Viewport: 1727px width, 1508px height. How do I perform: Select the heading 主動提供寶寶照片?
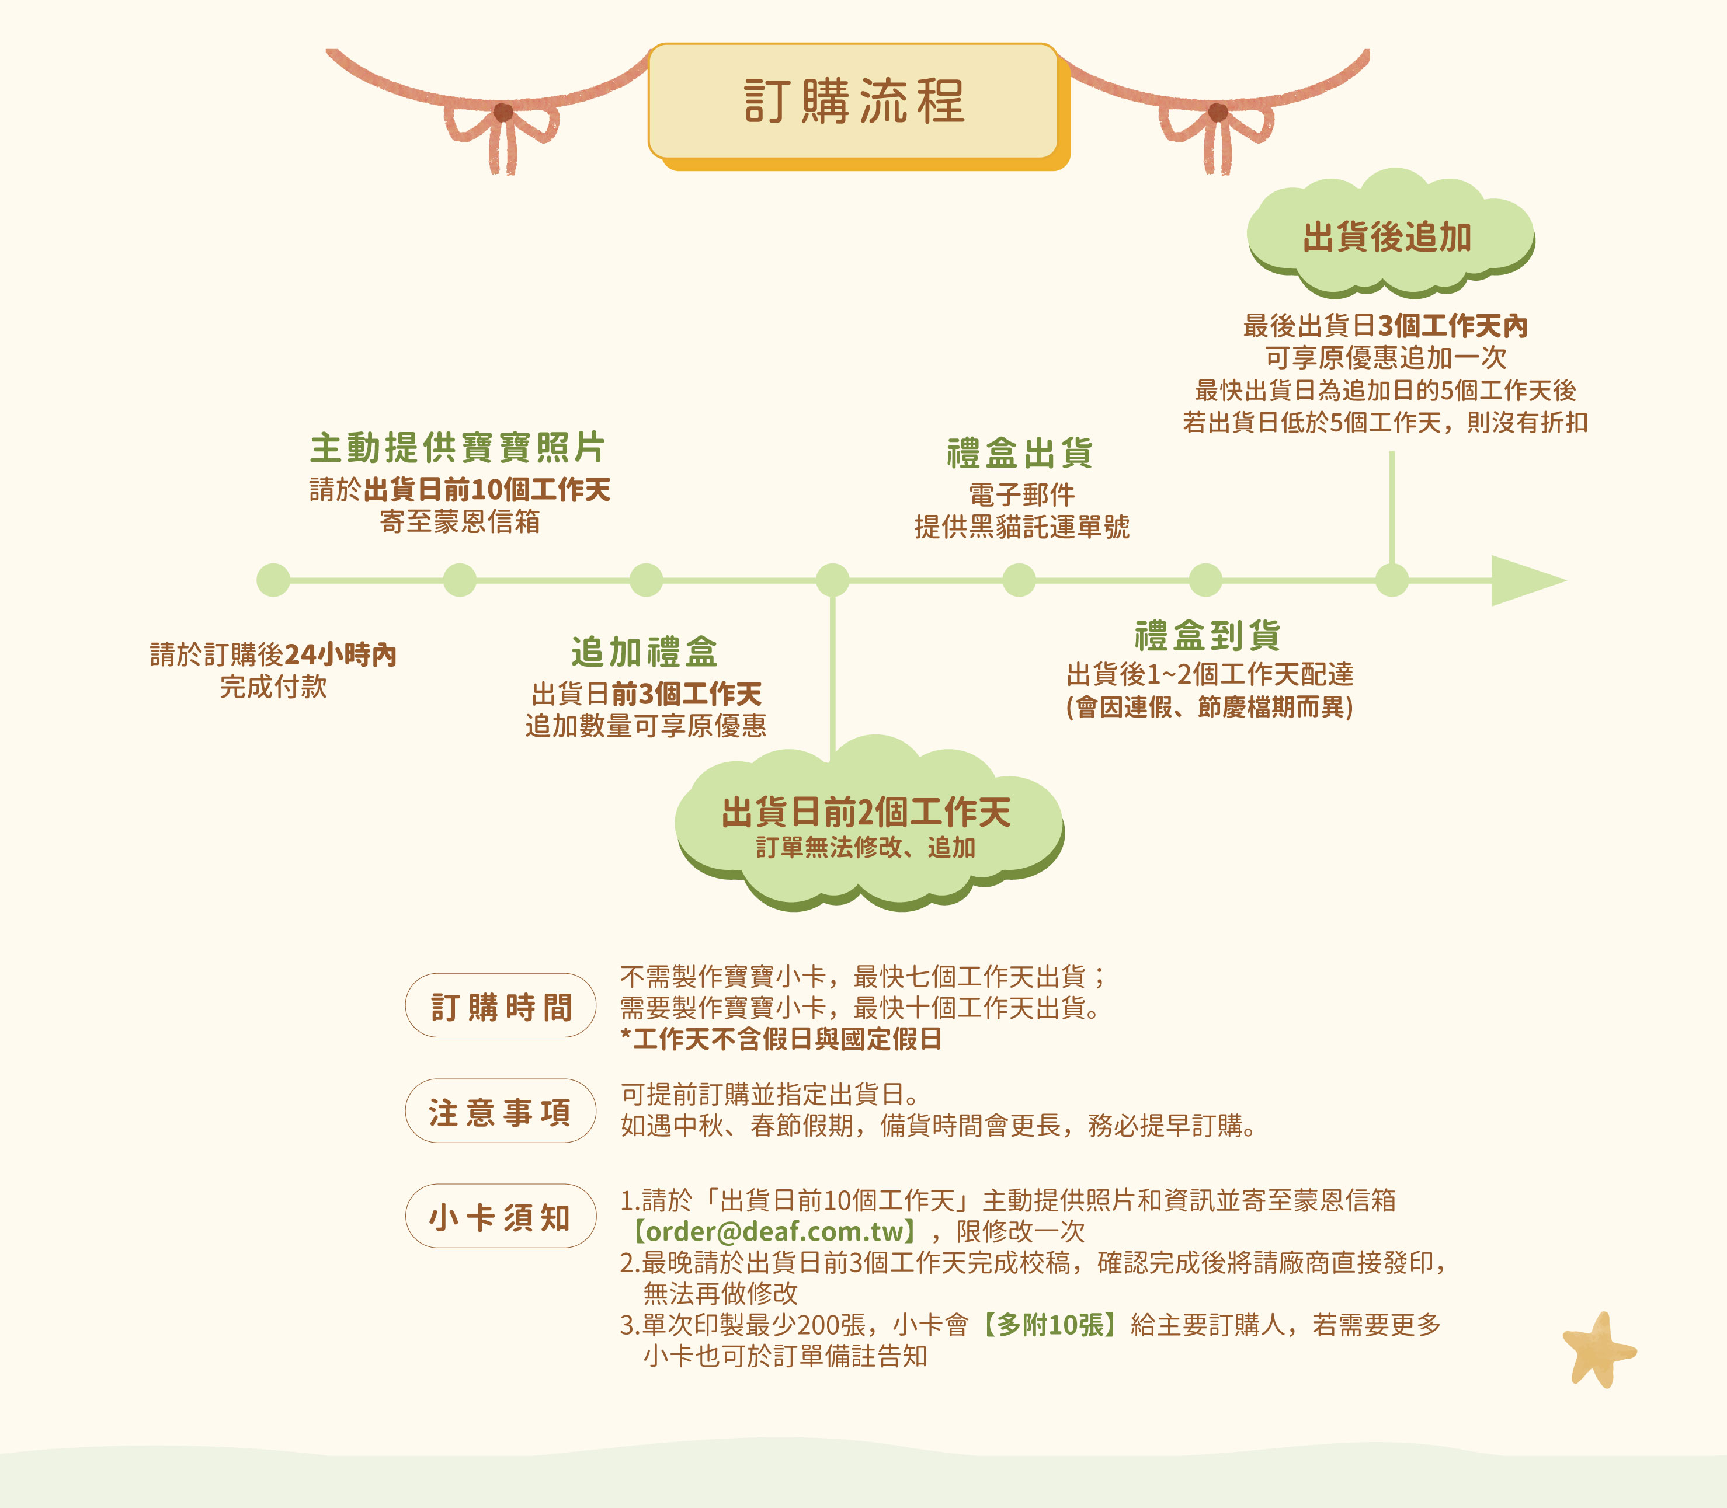[458, 448]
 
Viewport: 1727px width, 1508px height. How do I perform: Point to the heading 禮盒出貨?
[1020, 452]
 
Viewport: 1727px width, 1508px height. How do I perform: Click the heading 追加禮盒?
[645, 652]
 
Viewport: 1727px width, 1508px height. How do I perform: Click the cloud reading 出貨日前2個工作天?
[870, 823]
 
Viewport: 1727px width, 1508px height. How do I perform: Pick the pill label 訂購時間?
[501, 1005]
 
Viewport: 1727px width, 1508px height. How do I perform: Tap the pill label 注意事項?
[501, 1111]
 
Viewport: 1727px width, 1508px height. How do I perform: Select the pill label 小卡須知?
[501, 1216]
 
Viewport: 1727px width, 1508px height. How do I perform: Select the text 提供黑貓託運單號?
[1021, 527]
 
